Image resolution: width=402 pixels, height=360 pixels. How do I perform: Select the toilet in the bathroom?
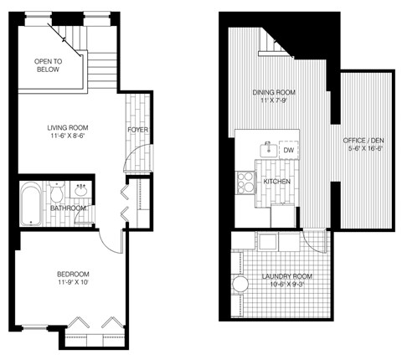pos(56,193)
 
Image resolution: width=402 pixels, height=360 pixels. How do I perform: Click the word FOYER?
pos(138,131)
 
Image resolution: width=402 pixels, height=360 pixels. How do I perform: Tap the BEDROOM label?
pos(73,275)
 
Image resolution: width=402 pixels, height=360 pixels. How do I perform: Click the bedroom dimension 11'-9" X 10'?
pos(73,284)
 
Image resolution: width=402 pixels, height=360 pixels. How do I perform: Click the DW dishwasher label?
pos(288,150)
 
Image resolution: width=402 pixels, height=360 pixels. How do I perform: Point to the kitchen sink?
pos(268,149)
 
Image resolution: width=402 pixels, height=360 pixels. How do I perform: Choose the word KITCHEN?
pos(276,181)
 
